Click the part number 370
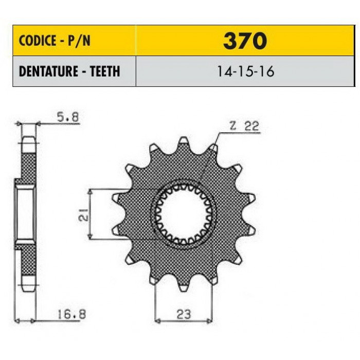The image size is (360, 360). pos(245,41)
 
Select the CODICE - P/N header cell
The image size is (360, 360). pos(74,41)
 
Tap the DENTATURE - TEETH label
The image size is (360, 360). pos(69,71)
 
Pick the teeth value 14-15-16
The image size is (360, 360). pos(245,71)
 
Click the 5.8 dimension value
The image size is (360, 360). pos(67,117)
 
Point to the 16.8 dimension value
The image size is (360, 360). pos(71,314)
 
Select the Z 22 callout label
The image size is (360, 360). pos(244,126)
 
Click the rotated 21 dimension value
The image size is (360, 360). pos(83,214)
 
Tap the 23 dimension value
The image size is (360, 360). pos(184,314)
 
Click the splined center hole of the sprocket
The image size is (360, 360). pos(184,214)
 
